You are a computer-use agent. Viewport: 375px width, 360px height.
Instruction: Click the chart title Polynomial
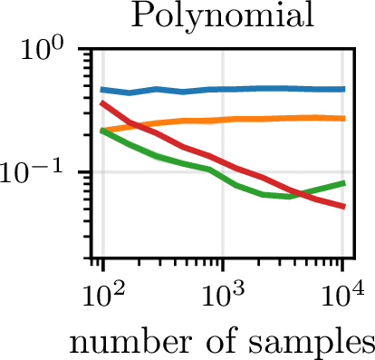222,17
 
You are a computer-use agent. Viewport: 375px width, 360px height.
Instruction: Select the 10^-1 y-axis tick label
32,171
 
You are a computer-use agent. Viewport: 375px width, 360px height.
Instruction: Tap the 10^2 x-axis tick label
103,296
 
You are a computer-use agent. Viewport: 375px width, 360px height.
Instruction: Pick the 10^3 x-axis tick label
223,296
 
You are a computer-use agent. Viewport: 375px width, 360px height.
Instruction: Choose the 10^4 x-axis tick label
342,296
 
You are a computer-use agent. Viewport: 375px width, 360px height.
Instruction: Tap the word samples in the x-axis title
311,345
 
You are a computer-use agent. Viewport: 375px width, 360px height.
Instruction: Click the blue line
223,90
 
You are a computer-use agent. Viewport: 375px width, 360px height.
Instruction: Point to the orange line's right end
344,119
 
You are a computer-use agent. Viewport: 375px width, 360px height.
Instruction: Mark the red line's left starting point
102,103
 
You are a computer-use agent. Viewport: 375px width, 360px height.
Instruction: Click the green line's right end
344,183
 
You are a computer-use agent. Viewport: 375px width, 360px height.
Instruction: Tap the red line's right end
344,207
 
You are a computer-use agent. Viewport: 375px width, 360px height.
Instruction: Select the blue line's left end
102,90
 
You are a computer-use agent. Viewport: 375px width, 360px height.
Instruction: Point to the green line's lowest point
289,197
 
